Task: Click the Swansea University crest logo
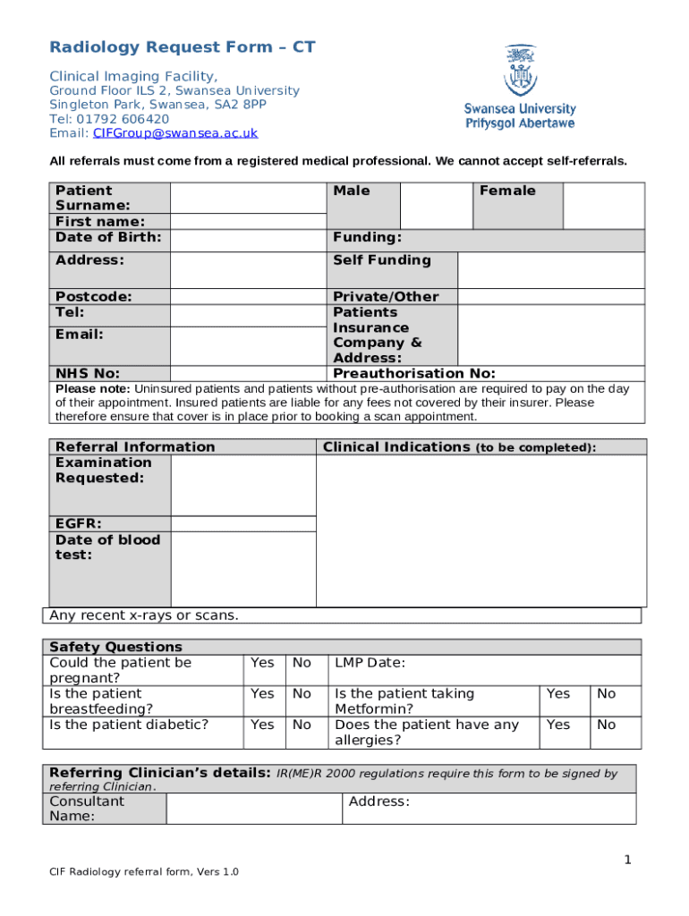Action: click(x=520, y=72)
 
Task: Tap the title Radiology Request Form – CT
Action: click(x=183, y=47)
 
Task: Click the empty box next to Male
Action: click(x=436, y=206)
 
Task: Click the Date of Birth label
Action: click(x=108, y=237)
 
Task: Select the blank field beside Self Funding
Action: click(x=550, y=269)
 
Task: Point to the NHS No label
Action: click(x=88, y=374)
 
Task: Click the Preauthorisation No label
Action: click(x=413, y=374)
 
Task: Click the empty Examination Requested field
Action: click(x=242, y=485)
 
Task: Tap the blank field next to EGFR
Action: click(x=242, y=523)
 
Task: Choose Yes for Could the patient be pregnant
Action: click(x=262, y=663)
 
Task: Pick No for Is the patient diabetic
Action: click(x=302, y=725)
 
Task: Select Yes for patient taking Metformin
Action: click(x=557, y=693)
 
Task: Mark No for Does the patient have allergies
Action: click(x=607, y=725)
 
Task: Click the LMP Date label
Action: click(x=370, y=663)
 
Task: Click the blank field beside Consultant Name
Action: click(x=253, y=809)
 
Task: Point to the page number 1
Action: click(x=628, y=861)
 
